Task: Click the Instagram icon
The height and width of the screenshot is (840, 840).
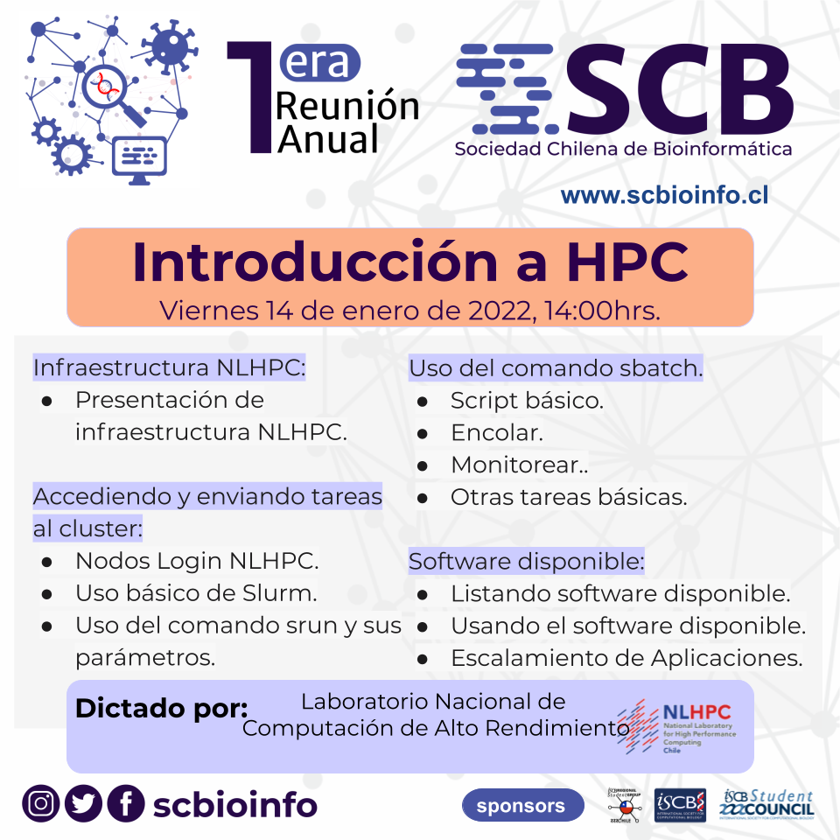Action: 40,804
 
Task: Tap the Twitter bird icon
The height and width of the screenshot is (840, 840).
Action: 83,804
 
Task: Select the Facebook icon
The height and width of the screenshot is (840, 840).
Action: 126,804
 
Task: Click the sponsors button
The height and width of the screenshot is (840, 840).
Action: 522,805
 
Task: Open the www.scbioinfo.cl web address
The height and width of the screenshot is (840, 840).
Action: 664,194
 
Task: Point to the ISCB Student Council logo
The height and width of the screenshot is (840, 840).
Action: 766,803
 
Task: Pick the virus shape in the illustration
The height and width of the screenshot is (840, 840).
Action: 166,45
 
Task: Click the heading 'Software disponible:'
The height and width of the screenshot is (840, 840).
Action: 526,560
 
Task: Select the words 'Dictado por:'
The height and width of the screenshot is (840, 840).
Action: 162,708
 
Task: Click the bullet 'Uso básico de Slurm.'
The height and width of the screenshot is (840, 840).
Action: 196,592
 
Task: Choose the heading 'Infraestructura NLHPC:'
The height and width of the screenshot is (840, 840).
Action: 169,367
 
